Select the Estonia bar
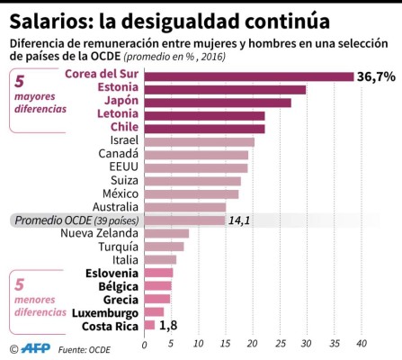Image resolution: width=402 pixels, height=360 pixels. [225, 89]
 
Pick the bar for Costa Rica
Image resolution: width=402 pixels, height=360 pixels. [149, 325]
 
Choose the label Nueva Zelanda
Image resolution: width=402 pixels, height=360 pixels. [99, 233]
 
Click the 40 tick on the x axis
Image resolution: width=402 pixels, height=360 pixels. [362, 343]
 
